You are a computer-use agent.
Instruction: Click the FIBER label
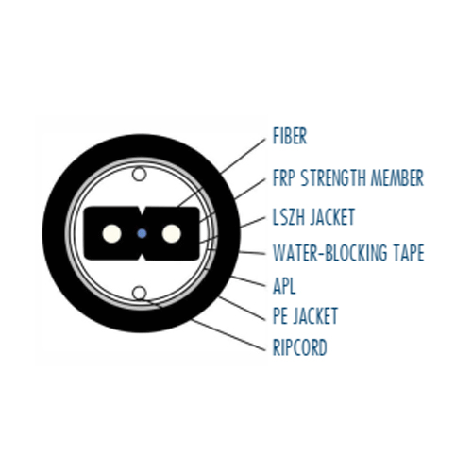click(x=290, y=136)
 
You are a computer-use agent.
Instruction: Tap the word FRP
click(x=284, y=177)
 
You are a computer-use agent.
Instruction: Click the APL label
click(x=284, y=286)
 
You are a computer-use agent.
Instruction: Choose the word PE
click(x=279, y=315)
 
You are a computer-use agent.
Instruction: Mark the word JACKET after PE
click(x=315, y=315)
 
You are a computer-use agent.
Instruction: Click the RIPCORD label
click(x=299, y=347)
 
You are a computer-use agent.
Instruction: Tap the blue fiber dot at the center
click(x=142, y=233)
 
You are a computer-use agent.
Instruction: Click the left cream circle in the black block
click(x=111, y=233)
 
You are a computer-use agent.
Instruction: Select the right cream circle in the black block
click(x=172, y=233)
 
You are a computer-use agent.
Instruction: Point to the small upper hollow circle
click(x=139, y=174)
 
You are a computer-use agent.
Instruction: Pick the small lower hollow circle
click(x=139, y=293)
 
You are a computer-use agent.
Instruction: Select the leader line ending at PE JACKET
click(x=242, y=309)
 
